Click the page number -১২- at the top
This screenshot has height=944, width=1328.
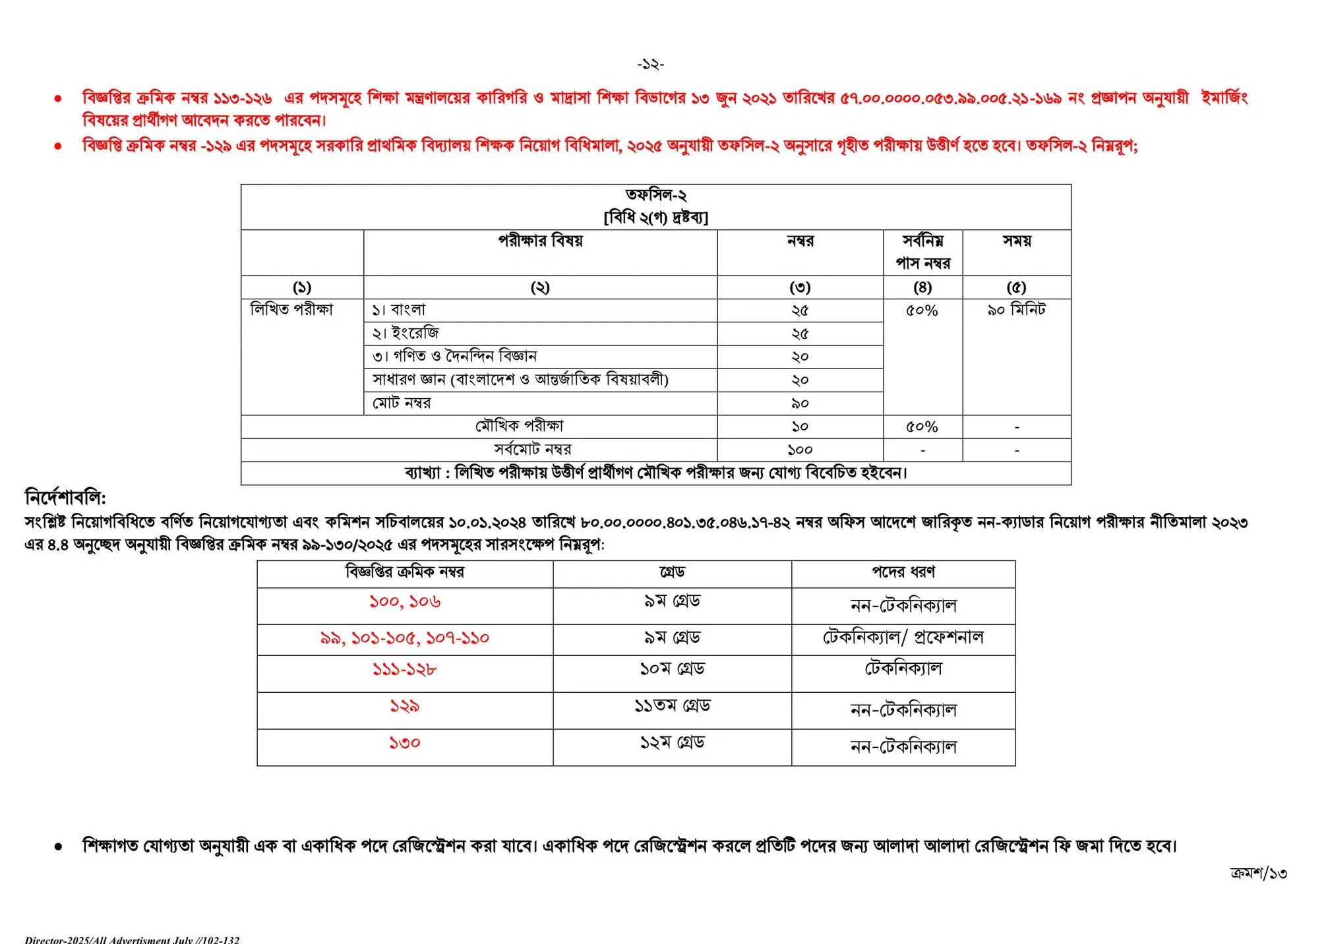650,64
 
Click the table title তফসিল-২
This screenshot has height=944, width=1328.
655,195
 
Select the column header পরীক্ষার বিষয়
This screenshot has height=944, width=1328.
540,241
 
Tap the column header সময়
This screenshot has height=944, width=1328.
1016,241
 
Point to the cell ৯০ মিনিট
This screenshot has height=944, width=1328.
1016,310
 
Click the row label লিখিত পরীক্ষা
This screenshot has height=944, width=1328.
292,310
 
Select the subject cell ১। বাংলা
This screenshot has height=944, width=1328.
400,310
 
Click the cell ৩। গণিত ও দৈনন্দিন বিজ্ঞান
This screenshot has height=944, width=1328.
455,357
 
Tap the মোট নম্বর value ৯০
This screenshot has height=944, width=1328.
800,403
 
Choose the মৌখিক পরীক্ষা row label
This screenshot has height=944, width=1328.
520,427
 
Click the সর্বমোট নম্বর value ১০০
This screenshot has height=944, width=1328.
800,450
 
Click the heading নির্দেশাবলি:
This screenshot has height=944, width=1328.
65,497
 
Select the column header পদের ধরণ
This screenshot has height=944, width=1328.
903,572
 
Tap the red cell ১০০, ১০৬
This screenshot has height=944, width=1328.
404,602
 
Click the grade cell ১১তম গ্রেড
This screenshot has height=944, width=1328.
672,706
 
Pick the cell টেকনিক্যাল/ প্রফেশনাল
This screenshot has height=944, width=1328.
903,637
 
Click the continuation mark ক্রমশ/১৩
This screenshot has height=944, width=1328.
1258,873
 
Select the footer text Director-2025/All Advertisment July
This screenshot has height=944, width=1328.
132,939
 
